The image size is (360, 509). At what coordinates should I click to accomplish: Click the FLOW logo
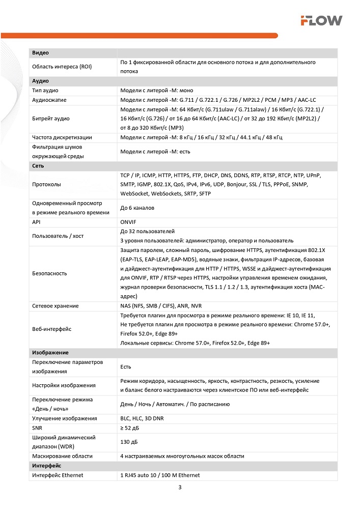[321, 20]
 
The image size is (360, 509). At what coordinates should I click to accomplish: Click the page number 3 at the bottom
[180, 488]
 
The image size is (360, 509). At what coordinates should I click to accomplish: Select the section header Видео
[40, 53]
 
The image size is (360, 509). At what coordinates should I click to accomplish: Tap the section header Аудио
[41, 81]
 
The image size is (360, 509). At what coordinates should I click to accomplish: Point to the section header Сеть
[38, 166]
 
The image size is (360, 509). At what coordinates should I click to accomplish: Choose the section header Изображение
[50, 352]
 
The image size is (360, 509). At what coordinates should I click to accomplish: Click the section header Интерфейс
[47, 466]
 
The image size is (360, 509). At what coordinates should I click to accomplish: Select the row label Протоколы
[46, 184]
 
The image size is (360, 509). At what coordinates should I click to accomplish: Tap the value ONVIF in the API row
[128, 222]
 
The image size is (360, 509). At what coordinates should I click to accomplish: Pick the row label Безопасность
[49, 273]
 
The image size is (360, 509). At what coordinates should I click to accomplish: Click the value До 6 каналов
[137, 208]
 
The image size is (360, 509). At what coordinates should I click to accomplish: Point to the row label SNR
[37, 428]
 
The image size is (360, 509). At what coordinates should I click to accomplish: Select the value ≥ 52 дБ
[131, 428]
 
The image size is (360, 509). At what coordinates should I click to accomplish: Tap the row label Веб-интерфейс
[51, 329]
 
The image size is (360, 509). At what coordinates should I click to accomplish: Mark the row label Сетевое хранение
[55, 306]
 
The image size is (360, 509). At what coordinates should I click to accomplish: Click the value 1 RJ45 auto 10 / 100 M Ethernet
[160, 475]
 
